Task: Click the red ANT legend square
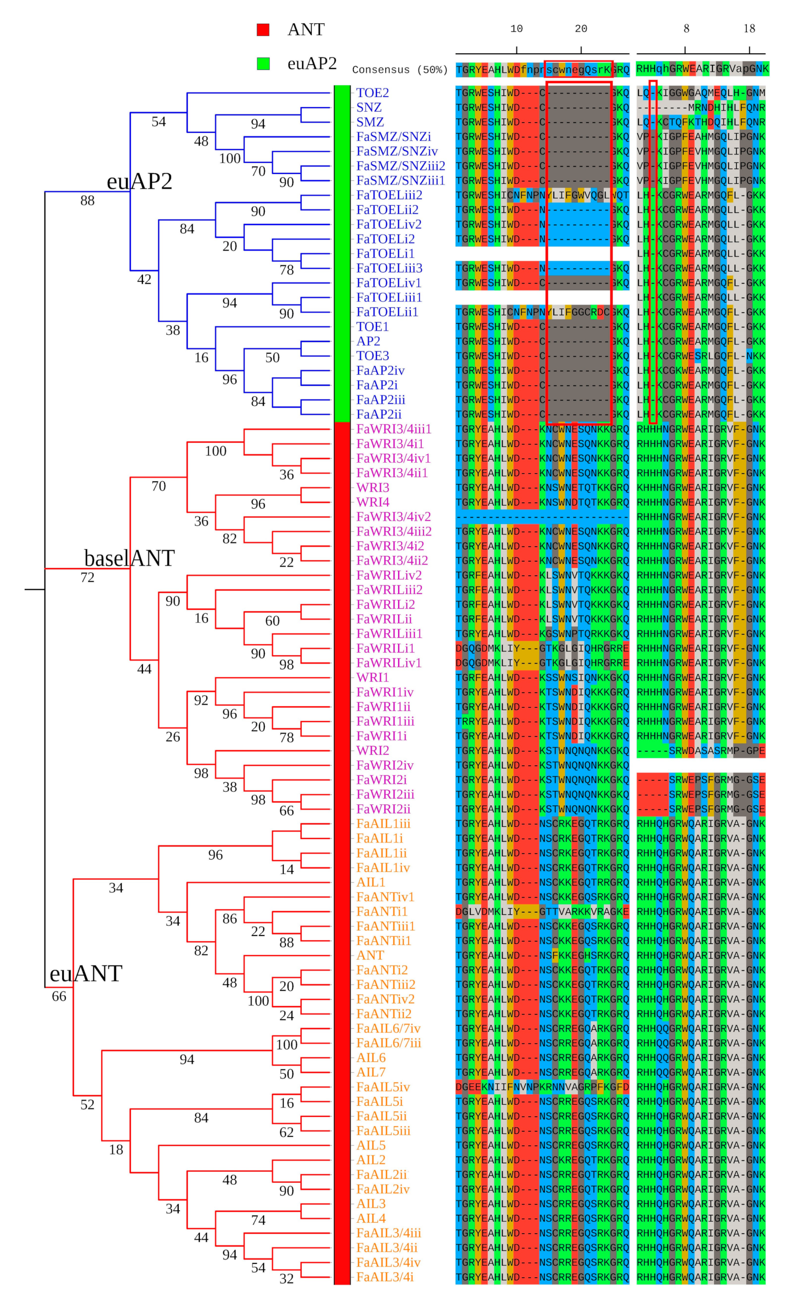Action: (263, 30)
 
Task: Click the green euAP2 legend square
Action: (263, 64)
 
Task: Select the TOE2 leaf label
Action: (372, 93)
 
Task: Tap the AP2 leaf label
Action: (368, 341)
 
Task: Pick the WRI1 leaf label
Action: (372, 677)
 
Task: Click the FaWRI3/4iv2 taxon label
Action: (393, 517)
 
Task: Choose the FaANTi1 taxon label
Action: (382, 911)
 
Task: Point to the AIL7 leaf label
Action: (371, 1072)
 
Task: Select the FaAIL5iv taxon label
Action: (383, 1087)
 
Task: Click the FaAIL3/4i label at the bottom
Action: (385, 1277)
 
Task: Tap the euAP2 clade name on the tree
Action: (139, 181)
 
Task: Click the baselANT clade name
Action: (129, 558)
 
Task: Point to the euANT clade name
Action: (86, 973)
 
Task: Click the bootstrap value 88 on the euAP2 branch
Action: (88, 200)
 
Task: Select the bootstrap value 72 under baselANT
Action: (88, 578)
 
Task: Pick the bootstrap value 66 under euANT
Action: (59, 996)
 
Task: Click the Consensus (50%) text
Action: (399, 70)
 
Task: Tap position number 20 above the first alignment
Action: (581, 29)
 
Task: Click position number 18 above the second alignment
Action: (749, 29)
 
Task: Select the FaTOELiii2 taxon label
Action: (389, 195)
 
